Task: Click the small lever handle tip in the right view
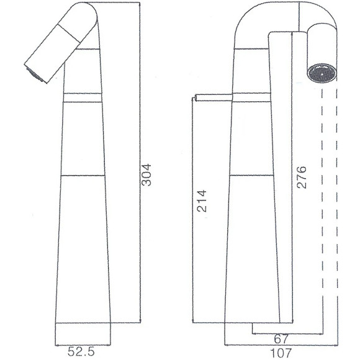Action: [x=196, y=97]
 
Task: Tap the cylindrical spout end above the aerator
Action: [x=323, y=43]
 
